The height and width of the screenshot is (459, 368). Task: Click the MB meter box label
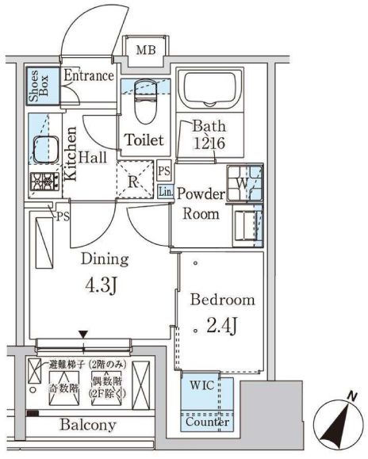point(146,50)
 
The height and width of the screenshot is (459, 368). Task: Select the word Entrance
point(89,75)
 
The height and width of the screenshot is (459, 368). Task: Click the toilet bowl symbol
point(146,101)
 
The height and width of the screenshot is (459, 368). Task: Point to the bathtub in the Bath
point(209,89)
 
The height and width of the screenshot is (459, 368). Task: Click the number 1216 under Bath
point(209,143)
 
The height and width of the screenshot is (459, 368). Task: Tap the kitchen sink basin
point(46,150)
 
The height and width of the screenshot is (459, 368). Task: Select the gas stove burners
point(44,182)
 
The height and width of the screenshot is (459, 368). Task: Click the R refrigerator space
point(135,179)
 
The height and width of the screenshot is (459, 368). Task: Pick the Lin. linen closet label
point(166,192)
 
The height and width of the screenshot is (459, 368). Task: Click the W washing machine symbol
point(243,183)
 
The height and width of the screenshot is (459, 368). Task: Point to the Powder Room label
point(201,204)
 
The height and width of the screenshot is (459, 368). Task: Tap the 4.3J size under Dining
point(102,285)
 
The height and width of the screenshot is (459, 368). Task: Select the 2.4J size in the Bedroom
point(221,326)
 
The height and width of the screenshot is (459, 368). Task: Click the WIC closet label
point(202,385)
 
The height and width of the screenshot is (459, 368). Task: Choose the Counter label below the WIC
point(207,422)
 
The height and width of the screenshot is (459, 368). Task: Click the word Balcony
point(88,425)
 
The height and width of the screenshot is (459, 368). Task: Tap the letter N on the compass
point(352,396)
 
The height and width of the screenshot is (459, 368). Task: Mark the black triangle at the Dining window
point(83,335)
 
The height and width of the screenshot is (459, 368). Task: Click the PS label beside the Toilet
point(164,170)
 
